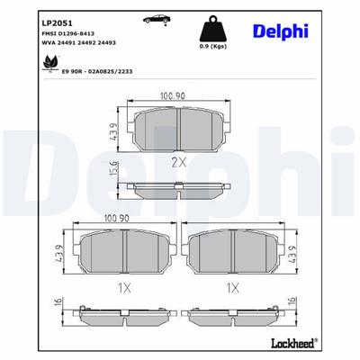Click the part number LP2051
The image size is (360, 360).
point(32,16)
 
